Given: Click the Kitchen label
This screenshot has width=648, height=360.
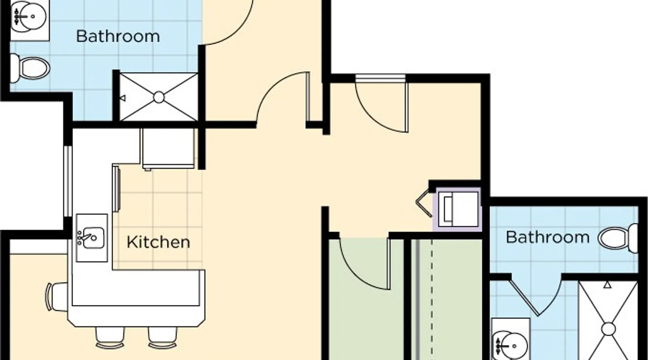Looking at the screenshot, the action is click(x=158, y=242).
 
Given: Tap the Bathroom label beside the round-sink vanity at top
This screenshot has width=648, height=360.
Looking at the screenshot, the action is click(x=118, y=36).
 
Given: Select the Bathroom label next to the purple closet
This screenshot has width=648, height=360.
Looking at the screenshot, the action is click(x=548, y=237).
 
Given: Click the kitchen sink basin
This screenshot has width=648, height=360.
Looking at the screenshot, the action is click(x=93, y=238).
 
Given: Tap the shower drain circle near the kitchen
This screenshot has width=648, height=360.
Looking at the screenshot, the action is click(x=159, y=97).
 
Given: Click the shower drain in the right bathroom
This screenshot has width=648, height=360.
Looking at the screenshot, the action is click(x=608, y=329).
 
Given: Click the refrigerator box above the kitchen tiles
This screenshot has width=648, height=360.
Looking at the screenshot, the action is click(x=168, y=148).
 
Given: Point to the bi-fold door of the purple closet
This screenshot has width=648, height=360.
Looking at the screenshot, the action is click(x=423, y=204).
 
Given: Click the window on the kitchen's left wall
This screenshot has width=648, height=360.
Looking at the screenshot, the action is click(x=68, y=181).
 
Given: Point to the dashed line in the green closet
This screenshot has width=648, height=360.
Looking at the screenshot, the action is click(x=432, y=299).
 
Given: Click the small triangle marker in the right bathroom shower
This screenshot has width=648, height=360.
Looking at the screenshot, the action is click(x=607, y=285).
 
